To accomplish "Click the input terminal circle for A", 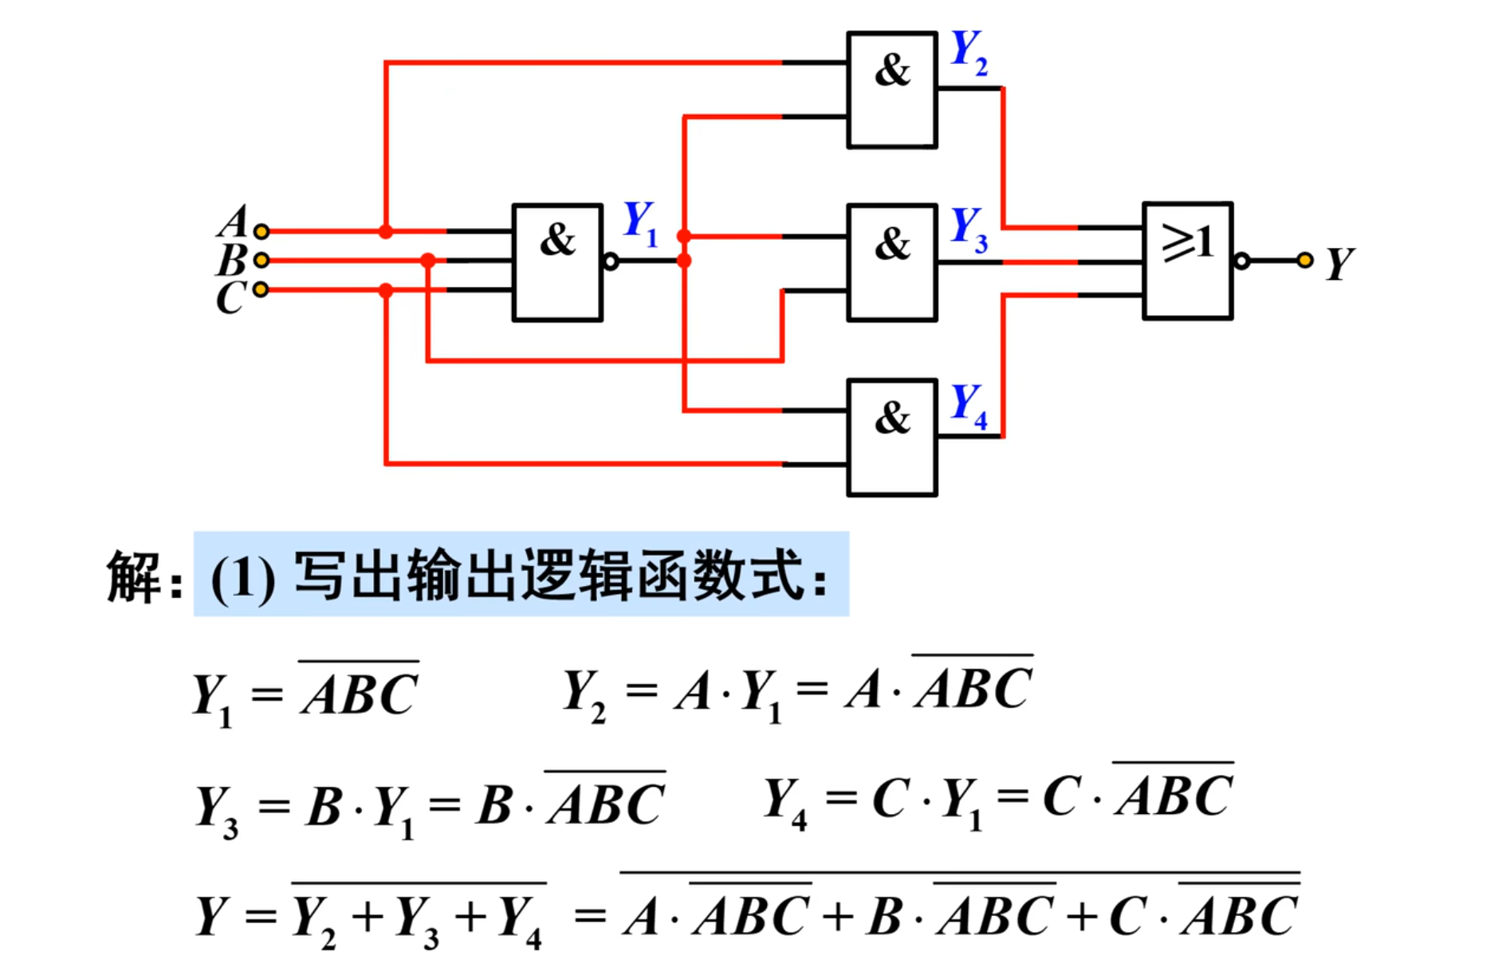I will [x=261, y=231].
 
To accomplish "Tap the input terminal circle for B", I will [x=261, y=260].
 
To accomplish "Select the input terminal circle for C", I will [x=261, y=289].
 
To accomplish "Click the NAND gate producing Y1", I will [x=557, y=262].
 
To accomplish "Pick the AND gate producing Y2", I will [x=891, y=89].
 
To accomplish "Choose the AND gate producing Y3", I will [x=891, y=262].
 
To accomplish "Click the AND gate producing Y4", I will [x=891, y=437].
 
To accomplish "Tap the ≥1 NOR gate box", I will [x=1187, y=261].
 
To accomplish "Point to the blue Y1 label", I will [x=640, y=223].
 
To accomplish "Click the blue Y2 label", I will [x=969, y=53].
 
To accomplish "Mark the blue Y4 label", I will [x=969, y=405].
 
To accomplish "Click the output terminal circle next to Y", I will [x=1304, y=260].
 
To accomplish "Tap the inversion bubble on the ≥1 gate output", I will [x=1241, y=261].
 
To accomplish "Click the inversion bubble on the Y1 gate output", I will [x=611, y=261].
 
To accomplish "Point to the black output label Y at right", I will [x=1339, y=264].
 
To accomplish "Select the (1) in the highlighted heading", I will [x=242, y=578].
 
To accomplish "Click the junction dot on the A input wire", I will [x=386, y=232].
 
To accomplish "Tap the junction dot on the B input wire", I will [x=428, y=260].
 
